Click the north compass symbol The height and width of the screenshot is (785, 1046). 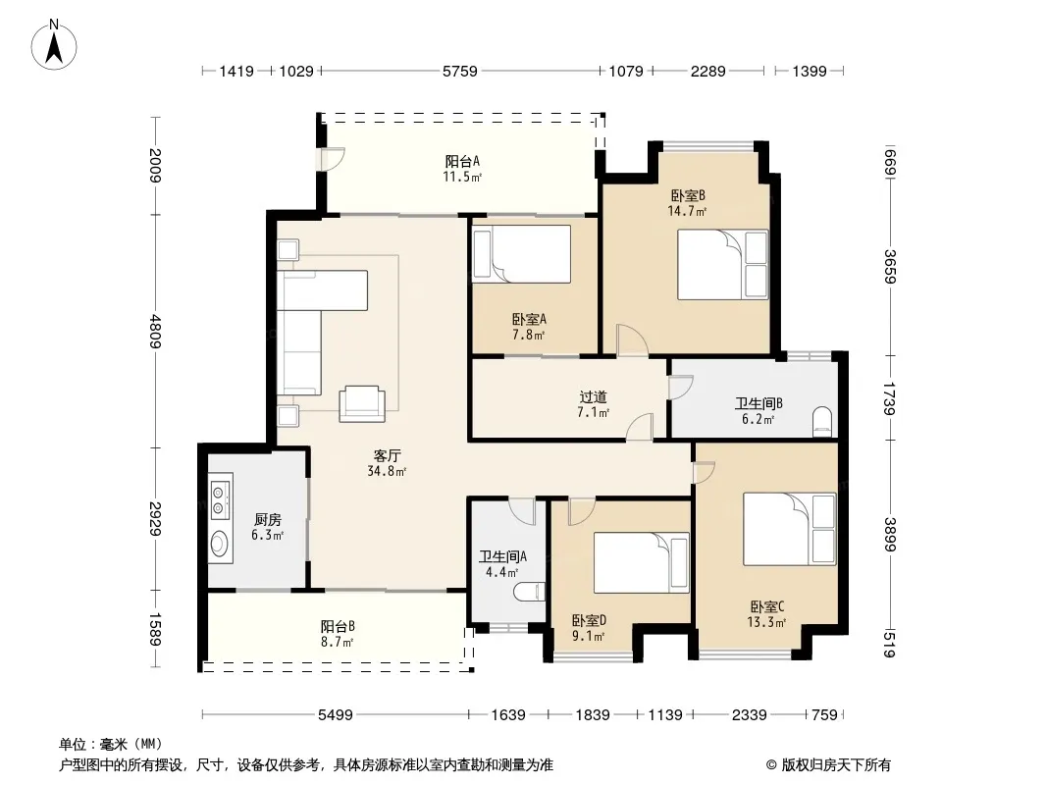click(x=54, y=45)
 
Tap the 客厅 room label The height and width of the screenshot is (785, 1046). click(x=387, y=455)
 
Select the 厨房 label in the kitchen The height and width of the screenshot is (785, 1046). click(x=268, y=519)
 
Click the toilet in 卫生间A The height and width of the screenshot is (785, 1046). click(x=530, y=592)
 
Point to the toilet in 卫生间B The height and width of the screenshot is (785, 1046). click(x=824, y=422)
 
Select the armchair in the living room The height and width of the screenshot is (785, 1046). click(x=361, y=403)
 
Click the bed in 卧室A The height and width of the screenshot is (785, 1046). click(x=522, y=254)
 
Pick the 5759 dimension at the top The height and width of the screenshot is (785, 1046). click(x=460, y=71)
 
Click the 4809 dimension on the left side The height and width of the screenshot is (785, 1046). click(x=155, y=331)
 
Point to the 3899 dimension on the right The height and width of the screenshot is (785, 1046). click(x=889, y=535)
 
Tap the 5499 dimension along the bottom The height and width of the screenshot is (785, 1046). click(x=335, y=715)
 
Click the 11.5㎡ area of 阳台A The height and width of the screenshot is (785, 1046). click(x=461, y=177)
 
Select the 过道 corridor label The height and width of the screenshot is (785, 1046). click(x=593, y=396)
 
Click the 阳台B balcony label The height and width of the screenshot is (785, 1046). click(x=338, y=626)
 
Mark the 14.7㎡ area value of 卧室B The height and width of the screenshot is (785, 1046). click(x=687, y=211)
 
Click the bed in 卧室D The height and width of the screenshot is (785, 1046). click(x=641, y=563)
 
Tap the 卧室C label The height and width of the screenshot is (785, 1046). click(x=767, y=607)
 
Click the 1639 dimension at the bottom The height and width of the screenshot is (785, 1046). click(x=508, y=715)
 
